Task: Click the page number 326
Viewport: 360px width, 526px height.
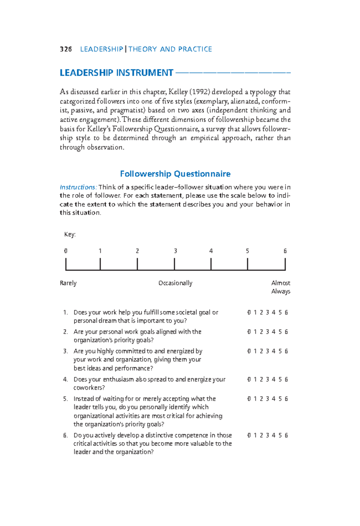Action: (66, 49)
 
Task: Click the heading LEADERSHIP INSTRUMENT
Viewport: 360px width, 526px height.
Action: (116, 73)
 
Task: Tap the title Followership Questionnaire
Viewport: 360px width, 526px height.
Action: (175, 174)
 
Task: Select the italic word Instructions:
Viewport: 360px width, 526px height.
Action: (78, 187)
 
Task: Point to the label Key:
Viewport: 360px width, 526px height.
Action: (70, 235)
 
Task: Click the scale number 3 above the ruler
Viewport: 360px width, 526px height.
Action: (175, 251)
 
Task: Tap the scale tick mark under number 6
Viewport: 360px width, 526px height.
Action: (285, 264)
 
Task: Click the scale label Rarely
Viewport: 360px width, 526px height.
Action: (68, 283)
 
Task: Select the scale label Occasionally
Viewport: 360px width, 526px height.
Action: (175, 283)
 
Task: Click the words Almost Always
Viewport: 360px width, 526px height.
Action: (280, 287)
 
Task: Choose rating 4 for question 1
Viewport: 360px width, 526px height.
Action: (274, 312)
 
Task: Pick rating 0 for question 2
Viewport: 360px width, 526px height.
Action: (249, 332)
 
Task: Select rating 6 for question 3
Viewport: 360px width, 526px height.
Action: (286, 351)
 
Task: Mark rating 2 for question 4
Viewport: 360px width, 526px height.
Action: (261, 379)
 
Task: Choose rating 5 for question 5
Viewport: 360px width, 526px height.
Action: (280, 399)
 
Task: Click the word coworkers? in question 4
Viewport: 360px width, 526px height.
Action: (89, 388)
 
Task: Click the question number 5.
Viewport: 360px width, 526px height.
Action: (65, 399)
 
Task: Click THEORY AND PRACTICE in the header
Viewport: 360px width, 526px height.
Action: (170, 49)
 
